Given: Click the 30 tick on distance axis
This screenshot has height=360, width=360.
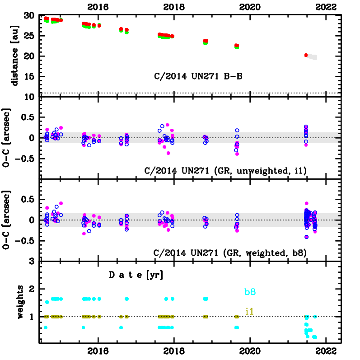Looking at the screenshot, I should pyautogui.click(x=29, y=15).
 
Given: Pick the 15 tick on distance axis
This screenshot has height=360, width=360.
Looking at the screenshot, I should pyautogui.click(x=29, y=76).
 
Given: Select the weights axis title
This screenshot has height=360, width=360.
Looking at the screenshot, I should pyautogui.click(x=20, y=302).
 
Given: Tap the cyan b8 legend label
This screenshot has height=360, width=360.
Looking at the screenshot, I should pyautogui.click(x=251, y=292).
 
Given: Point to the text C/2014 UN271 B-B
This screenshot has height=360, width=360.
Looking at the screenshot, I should pyautogui.click(x=198, y=76).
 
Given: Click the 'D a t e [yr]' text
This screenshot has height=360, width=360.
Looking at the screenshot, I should pyautogui.click(x=136, y=275).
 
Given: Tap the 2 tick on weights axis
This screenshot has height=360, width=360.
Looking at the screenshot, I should pyautogui.click(x=33, y=289).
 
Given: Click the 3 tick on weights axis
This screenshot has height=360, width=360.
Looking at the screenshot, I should pyautogui.click(x=33, y=262).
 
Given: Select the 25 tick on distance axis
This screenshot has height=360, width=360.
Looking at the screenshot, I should pyautogui.click(x=29, y=36).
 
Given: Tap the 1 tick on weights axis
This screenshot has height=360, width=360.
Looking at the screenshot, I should pyautogui.click(x=33, y=317).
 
